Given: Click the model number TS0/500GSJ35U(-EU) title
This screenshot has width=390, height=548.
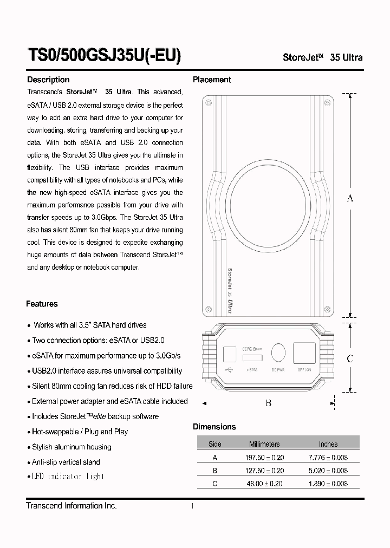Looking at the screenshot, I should [104, 56].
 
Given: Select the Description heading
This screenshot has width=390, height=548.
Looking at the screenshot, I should [48, 80].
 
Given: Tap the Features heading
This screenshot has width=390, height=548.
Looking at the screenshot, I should [42, 304].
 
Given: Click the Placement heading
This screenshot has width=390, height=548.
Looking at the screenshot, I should [212, 80].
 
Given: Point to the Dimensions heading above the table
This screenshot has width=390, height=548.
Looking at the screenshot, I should [214, 427].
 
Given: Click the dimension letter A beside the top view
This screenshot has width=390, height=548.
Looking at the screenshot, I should [350, 198].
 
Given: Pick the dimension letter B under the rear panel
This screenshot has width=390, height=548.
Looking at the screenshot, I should [268, 403].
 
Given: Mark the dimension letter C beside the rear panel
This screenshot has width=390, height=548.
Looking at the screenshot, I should [350, 358].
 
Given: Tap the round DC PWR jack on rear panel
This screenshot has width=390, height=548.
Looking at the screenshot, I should [278, 353].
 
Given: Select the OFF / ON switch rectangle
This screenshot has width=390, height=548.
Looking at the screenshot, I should [305, 353].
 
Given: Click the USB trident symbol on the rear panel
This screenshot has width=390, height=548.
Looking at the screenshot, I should [229, 370].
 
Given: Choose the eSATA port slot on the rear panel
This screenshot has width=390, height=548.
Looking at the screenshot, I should [252, 358].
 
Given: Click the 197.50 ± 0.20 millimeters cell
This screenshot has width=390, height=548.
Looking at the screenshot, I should [264, 457].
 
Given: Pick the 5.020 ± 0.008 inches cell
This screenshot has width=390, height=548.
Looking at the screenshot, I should [328, 471].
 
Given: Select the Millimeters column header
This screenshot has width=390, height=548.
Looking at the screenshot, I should [264, 444].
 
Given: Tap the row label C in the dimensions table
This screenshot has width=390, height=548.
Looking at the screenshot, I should [215, 484].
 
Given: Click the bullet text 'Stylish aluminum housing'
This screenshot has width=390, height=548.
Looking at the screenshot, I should [71, 447].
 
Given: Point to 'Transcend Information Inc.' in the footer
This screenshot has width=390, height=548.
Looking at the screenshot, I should [71, 505].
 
